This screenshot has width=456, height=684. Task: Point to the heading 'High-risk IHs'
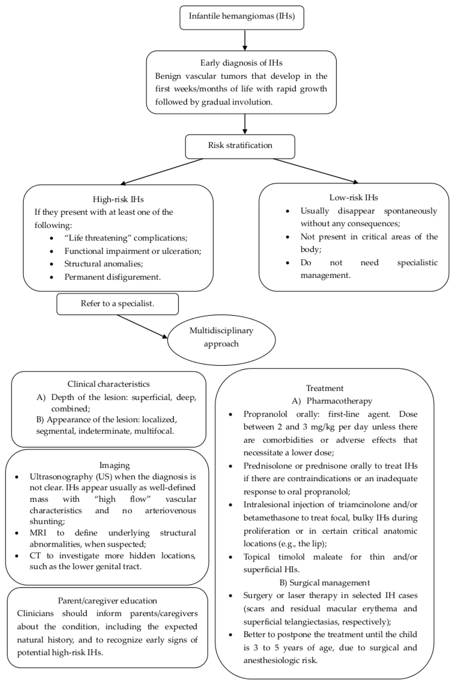(x=118, y=199)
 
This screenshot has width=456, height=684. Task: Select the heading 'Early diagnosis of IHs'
(x=241, y=63)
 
